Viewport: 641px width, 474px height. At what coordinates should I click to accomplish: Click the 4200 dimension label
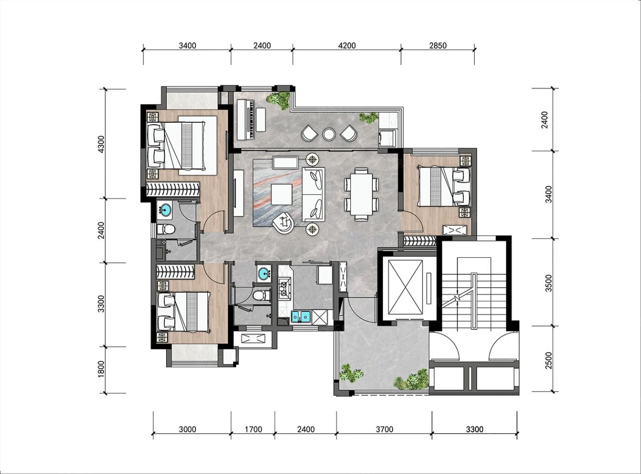click(347, 46)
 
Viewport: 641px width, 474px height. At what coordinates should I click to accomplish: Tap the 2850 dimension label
click(437, 46)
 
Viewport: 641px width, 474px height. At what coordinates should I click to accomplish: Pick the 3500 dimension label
click(549, 283)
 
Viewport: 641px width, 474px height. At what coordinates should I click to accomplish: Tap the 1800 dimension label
click(101, 369)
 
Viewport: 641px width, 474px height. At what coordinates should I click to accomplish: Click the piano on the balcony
click(246, 119)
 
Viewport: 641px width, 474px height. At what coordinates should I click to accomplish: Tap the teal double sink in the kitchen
click(301, 316)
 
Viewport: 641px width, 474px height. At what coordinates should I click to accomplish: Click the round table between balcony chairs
click(329, 134)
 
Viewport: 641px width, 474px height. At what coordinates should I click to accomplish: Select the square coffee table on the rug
click(282, 195)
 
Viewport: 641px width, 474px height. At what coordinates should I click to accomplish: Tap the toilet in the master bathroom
click(166, 230)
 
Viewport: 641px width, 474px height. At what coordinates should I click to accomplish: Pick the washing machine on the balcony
click(387, 139)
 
